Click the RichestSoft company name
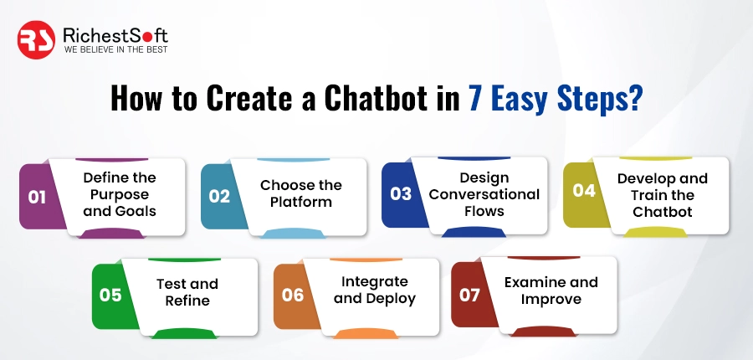coord(115,34)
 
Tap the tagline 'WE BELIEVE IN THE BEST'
coord(115,49)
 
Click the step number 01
coord(37,198)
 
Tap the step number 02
coord(219,197)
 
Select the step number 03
coord(401,194)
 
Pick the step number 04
coord(583,191)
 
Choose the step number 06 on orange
coord(292,295)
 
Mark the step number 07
coord(471,295)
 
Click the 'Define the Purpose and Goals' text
coord(120,195)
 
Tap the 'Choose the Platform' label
coord(300,193)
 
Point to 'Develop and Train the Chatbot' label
coord(662,195)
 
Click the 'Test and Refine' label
coord(187,292)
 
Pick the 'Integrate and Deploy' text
coord(375,290)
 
